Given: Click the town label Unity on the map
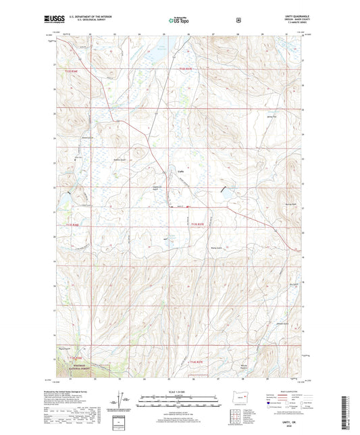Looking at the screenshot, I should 180,172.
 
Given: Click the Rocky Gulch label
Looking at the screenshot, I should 211,247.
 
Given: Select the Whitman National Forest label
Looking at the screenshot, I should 80,369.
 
